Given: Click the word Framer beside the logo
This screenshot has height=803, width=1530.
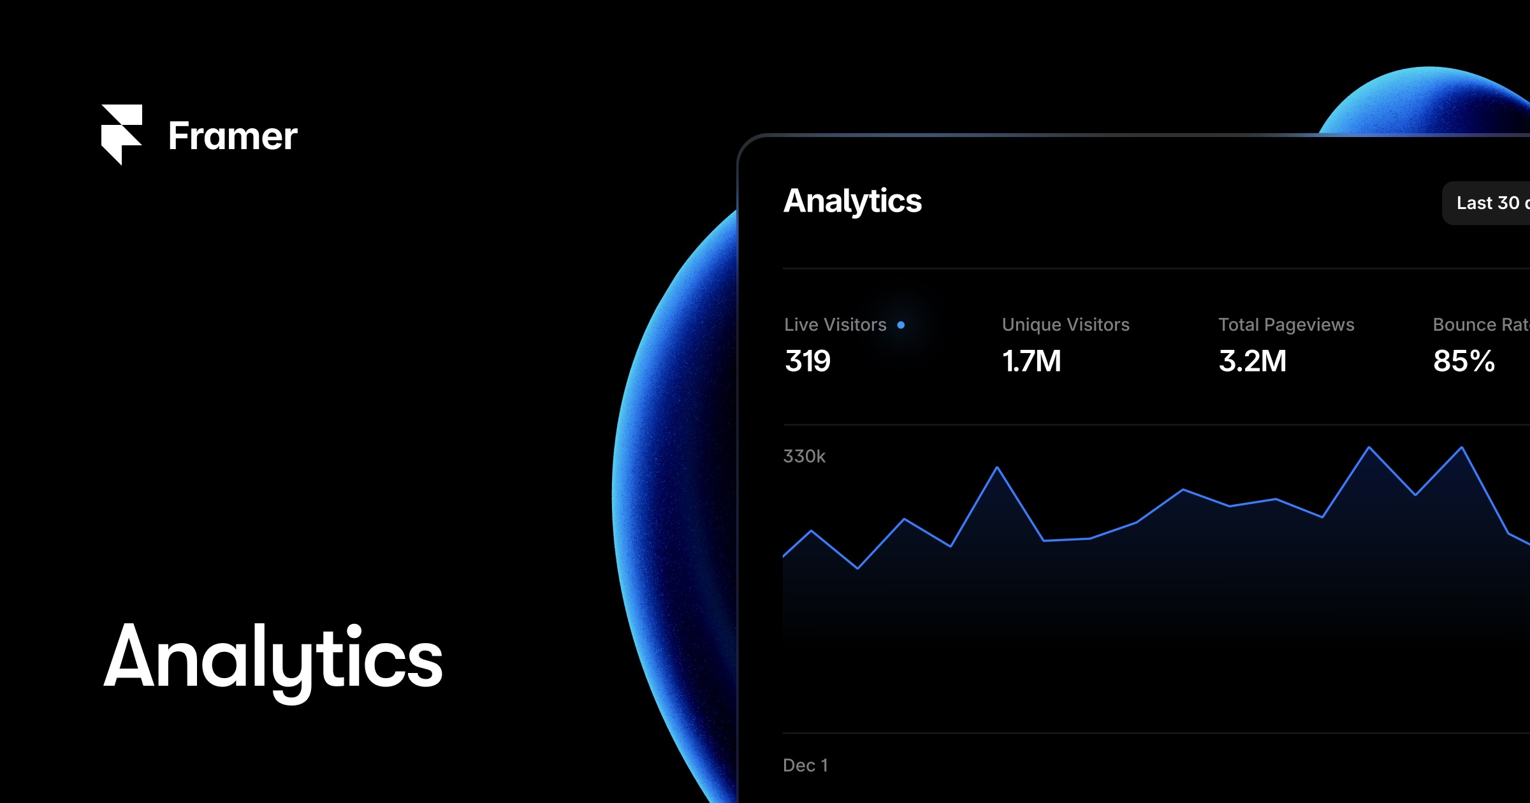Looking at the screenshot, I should pyautogui.click(x=233, y=136).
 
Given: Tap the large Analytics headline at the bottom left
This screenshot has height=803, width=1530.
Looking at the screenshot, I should pyautogui.click(x=273, y=658).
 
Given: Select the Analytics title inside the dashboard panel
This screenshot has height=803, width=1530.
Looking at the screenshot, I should pyautogui.click(x=852, y=201).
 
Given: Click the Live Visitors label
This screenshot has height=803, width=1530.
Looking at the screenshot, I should pyautogui.click(x=835, y=325).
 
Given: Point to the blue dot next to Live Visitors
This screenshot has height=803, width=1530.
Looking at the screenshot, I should pyautogui.click(x=901, y=325).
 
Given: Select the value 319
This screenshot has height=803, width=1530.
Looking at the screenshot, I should pyautogui.click(x=808, y=361).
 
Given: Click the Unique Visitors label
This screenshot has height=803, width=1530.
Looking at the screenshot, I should pyautogui.click(x=1065, y=325).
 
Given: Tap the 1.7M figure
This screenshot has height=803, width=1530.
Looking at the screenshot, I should pyautogui.click(x=1031, y=361).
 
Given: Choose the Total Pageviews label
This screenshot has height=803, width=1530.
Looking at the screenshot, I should pyautogui.click(x=1286, y=325).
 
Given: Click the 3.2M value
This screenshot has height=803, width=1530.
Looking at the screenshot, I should pyautogui.click(x=1252, y=361).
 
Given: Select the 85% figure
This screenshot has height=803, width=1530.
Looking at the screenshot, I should pyautogui.click(x=1464, y=361).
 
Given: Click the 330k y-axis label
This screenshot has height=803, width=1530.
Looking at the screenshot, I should pyautogui.click(x=804, y=456).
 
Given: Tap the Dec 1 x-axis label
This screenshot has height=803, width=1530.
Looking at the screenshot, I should pyautogui.click(x=805, y=765).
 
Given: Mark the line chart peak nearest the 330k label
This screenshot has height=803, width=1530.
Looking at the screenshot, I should pyautogui.click(x=997, y=468).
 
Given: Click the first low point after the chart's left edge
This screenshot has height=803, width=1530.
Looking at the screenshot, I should pyautogui.click(x=857, y=568).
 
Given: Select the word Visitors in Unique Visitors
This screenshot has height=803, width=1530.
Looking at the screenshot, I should pyautogui.click(x=1097, y=325).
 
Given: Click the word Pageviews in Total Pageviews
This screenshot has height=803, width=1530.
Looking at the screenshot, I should pyautogui.click(x=1309, y=325).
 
